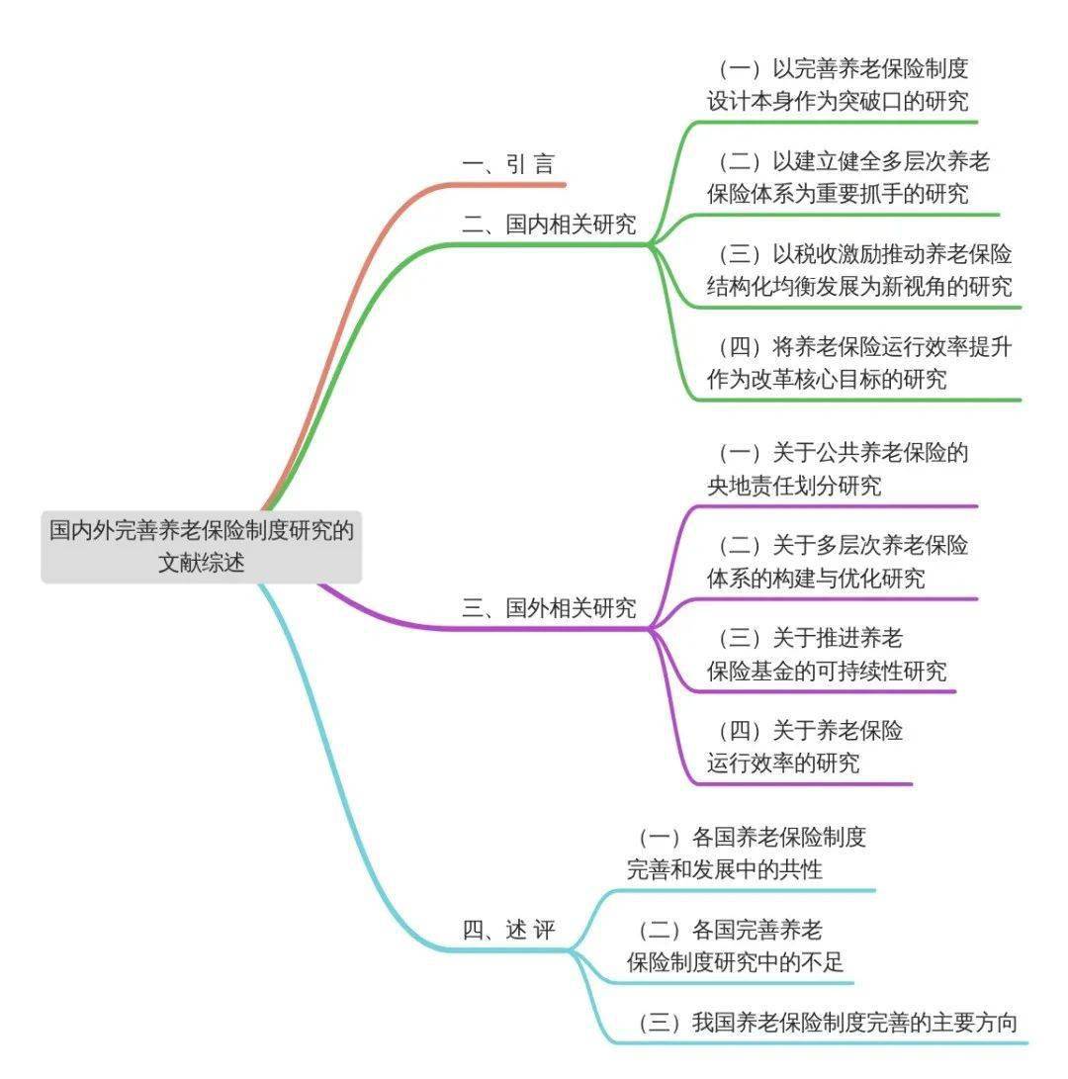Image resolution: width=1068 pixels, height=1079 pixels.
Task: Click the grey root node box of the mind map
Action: (201, 546)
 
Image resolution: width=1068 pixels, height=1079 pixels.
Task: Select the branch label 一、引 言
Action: (508, 165)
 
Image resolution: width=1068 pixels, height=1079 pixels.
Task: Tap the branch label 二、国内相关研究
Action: (549, 225)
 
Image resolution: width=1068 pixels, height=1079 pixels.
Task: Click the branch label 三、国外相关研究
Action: (549, 608)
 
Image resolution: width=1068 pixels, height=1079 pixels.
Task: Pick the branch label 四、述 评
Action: (508, 931)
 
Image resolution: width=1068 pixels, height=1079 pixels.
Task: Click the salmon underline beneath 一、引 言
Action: (514, 184)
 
